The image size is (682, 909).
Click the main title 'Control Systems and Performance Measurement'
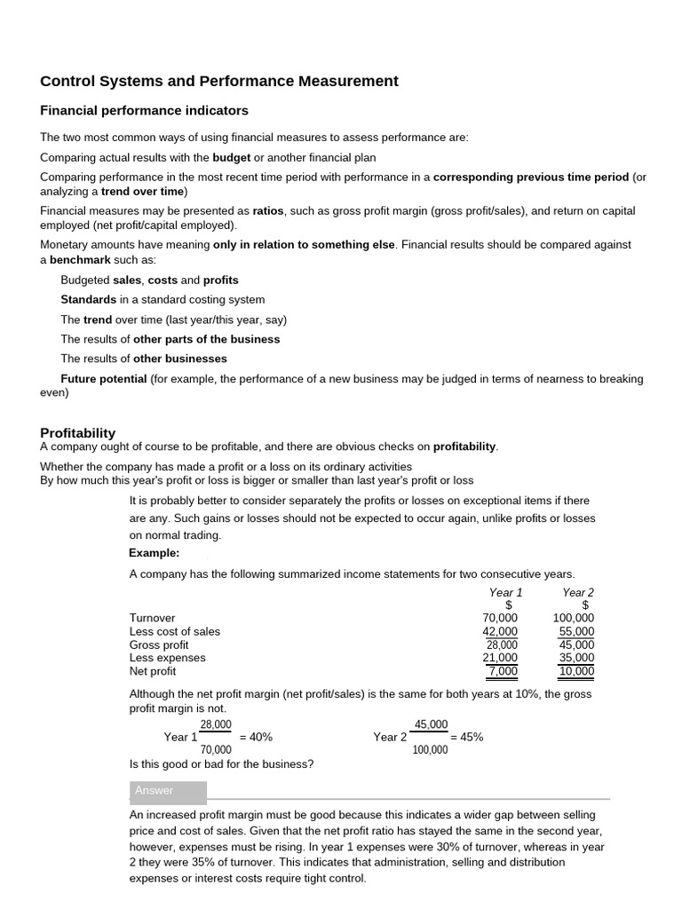pos(219,82)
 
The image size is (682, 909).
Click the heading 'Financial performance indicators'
pos(144,111)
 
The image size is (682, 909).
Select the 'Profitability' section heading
pos(78,432)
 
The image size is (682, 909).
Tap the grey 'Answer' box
pos(168,791)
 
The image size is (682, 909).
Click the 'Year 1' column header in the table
pos(505,592)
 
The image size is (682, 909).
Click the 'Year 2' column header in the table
pos(578,592)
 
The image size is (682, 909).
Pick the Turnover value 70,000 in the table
pos(500,618)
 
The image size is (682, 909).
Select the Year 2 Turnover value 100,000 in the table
pos(574,618)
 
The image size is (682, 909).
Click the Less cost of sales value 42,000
pos(500,631)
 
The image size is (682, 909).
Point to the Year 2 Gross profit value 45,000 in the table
pos(577,644)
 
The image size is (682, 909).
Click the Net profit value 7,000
pos(503,671)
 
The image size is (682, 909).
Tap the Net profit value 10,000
pos(577,671)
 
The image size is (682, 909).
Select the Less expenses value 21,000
pos(500,658)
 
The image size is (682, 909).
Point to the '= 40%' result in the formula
pos(256,737)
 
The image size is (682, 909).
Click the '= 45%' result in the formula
pos(467,737)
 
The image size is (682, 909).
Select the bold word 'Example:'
pos(155,553)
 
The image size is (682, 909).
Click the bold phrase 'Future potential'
pos(104,379)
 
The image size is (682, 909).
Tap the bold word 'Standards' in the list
pos(88,300)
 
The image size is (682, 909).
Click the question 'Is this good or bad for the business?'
pos(221,764)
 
